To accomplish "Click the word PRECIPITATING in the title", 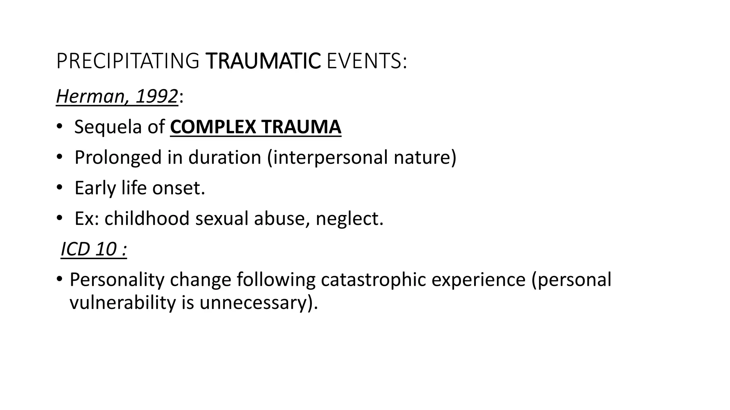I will (x=127, y=61).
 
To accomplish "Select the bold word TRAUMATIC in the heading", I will (x=263, y=61).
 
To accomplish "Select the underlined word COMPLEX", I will (x=213, y=127).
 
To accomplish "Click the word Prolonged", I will (x=118, y=157).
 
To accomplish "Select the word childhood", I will (x=147, y=218).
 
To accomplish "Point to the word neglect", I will (x=349, y=218).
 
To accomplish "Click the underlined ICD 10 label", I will (x=94, y=249).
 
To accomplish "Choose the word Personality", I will (x=117, y=279).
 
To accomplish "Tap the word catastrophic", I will (x=373, y=279).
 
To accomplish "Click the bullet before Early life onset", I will (x=59, y=188).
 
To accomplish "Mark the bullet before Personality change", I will (x=59, y=279).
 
